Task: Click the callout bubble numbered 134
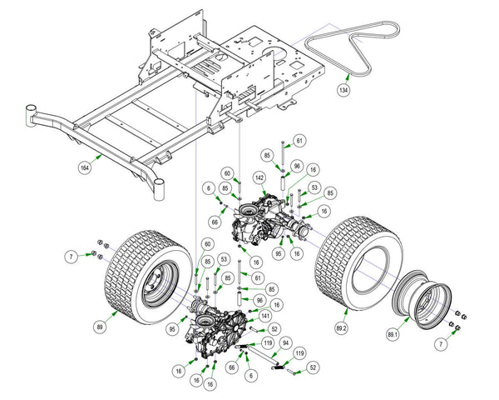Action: pos(343,87)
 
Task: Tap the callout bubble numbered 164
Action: pos(86,168)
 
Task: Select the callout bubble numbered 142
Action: pos(259,177)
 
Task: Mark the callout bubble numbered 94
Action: pos(284,342)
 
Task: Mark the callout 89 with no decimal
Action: pos(101,327)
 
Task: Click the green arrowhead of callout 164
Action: pos(101,154)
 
